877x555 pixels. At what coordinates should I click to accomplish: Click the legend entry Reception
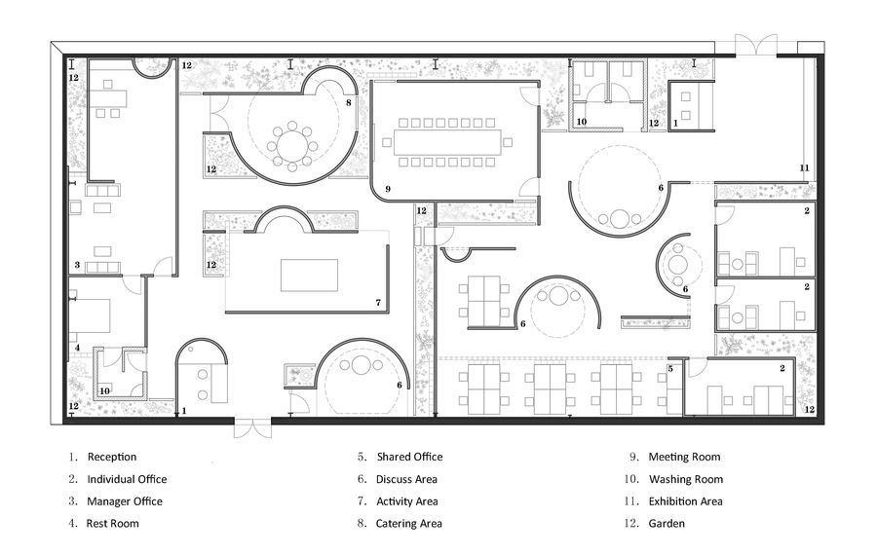pyautogui.click(x=111, y=457)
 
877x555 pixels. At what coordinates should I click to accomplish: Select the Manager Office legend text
pyautogui.click(x=125, y=501)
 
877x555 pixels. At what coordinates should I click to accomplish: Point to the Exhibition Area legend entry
pyautogui.click(x=685, y=501)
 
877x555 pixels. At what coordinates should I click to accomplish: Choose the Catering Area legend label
pyautogui.click(x=409, y=524)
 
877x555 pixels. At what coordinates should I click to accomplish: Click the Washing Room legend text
pyautogui.click(x=685, y=479)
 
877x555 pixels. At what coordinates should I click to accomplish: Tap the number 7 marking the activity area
pyautogui.click(x=377, y=303)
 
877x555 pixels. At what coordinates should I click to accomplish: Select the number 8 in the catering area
pyautogui.click(x=348, y=101)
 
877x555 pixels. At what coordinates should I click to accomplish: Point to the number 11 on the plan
pyautogui.click(x=804, y=168)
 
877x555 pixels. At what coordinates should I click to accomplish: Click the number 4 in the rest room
pyautogui.click(x=77, y=348)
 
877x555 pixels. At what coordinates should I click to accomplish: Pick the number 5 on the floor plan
pyautogui.click(x=670, y=368)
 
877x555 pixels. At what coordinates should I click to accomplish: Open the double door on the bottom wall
pyautogui.click(x=251, y=428)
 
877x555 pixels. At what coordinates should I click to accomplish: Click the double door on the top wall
pyautogui.click(x=755, y=45)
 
